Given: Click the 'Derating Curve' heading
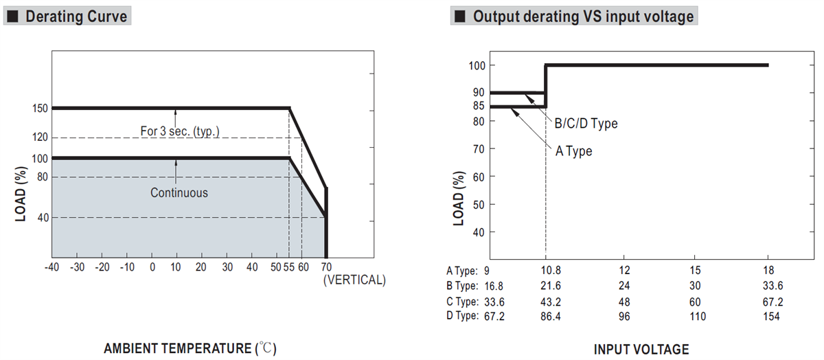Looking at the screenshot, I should (x=76, y=16).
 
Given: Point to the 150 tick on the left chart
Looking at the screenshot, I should (x=39, y=108).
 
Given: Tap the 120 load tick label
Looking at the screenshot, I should (x=39, y=137).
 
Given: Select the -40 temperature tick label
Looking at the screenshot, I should (x=51, y=267).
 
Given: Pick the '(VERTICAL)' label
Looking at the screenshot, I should (x=354, y=280).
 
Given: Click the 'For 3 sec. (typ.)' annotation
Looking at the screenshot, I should (x=180, y=131).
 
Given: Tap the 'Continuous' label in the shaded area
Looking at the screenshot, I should (x=179, y=193).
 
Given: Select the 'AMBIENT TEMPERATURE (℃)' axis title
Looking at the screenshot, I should (x=190, y=349).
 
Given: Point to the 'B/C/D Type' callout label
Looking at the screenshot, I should (x=586, y=124).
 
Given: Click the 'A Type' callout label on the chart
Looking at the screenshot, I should (x=573, y=151).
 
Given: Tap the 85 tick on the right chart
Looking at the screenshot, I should (x=477, y=106).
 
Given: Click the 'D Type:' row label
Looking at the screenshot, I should (x=462, y=316).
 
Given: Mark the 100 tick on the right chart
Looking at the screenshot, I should (x=477, y=65).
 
